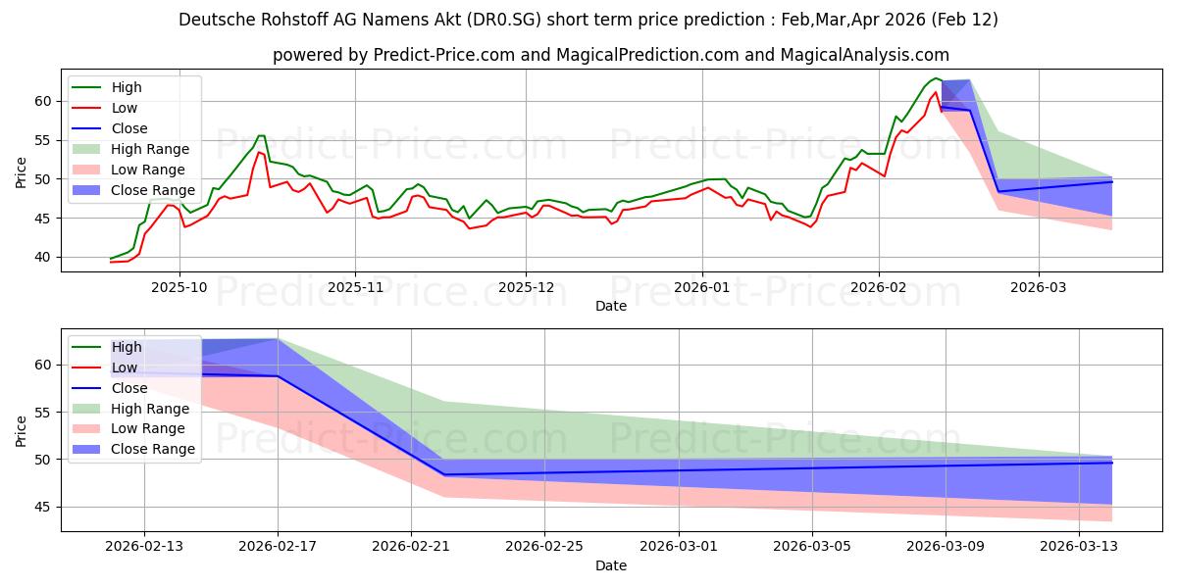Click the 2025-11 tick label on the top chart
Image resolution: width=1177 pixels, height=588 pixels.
[x=355, y=288]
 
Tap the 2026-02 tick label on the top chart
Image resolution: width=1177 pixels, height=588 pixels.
[x=879, y=288]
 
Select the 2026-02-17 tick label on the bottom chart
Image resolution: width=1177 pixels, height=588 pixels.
[x=278, y=546]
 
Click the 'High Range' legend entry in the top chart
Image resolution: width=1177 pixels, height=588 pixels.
[x=150, y=149]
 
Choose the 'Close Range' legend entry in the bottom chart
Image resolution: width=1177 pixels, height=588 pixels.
[x=154, y=450]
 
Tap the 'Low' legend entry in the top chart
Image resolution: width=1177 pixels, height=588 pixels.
[x=125, y=108]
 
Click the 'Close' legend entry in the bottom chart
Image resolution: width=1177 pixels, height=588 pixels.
[x=130, y=388]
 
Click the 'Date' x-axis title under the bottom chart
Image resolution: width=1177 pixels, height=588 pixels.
[x=610, y=565]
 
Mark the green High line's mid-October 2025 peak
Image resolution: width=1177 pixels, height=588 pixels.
[x=261, y=136]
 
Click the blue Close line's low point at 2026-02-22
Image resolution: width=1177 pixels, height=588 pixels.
[x=444, y=474]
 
